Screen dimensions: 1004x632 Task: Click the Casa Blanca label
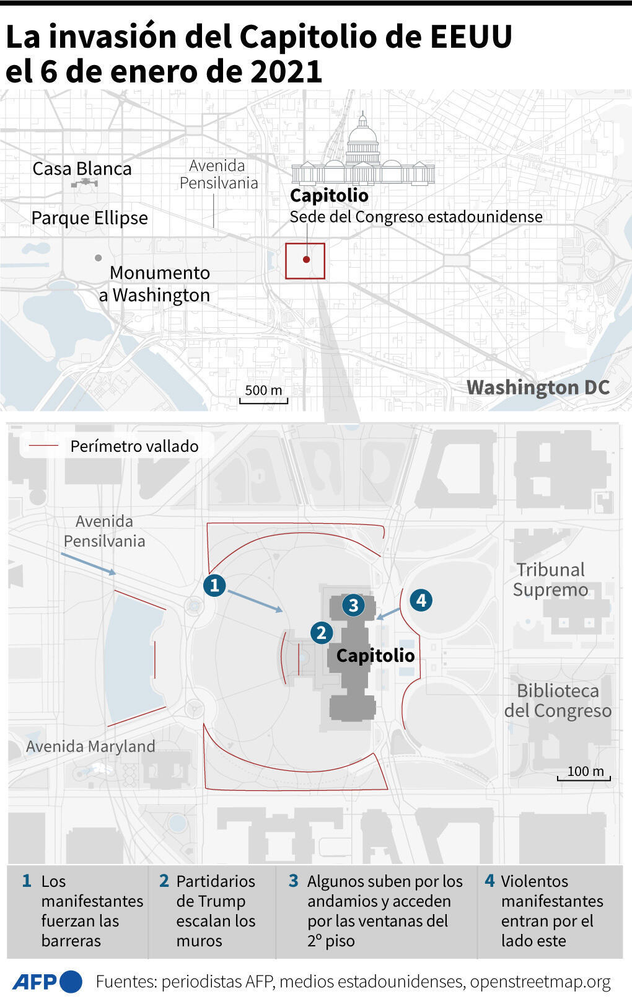click(82, 169)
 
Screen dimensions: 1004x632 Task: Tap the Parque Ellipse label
click(90, 218)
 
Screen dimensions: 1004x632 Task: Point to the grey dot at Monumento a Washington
click(98, 258)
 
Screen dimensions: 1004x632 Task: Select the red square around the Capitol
click(305, 261)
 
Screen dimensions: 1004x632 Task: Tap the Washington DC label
click(538, 387)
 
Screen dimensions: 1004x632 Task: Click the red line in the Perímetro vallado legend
click(44, 446)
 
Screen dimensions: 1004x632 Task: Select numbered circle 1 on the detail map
click(214, 585)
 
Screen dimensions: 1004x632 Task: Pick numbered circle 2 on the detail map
click(321, 633)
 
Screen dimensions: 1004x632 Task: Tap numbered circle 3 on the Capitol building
click(353, 605)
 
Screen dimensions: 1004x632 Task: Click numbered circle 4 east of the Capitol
click(421, 600)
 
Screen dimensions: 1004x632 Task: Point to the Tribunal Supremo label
click(550, 579)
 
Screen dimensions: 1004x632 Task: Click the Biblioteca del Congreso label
click(558, 700)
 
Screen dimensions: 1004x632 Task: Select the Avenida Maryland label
click(90, 746)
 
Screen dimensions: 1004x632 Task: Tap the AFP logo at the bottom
click(47, 982)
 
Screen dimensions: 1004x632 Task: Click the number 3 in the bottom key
click(294, 881)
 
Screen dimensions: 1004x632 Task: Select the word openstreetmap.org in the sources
click(540, 982)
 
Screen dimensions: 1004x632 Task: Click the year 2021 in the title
click(286, 72)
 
